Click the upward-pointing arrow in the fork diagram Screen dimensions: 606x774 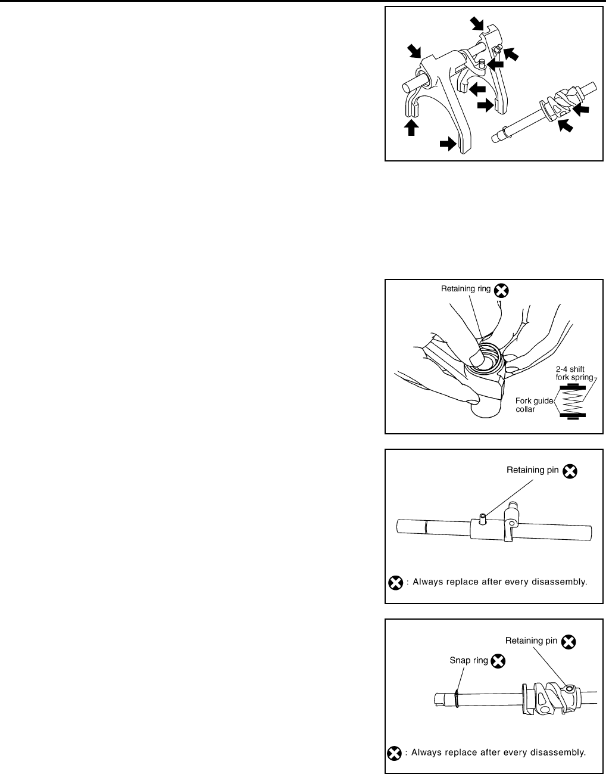[x=410, y=126]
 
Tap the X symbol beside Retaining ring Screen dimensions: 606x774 [x=502, y=290]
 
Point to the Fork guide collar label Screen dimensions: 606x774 [x=533, y=405]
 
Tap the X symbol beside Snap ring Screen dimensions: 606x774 [x=499, y=660]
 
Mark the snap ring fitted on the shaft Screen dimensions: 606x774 [x=455, y=698]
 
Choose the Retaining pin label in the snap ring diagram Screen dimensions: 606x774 [x=531, y=641]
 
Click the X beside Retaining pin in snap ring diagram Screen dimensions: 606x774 [x=569, y=641]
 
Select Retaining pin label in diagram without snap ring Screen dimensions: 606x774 [x=532, y=470]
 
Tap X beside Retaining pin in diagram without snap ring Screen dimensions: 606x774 [x=570, y=471]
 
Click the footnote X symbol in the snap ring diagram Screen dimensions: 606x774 [x=393, y=753]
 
